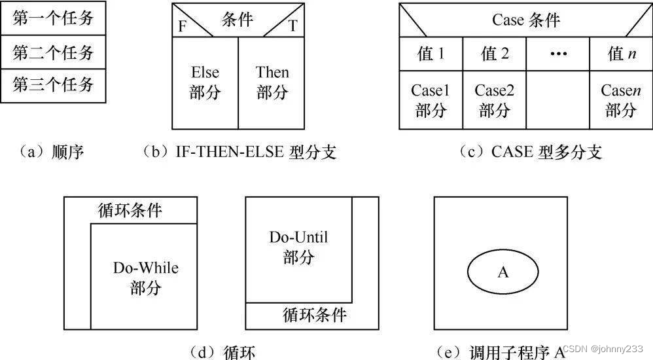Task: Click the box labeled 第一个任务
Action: coord(53,20)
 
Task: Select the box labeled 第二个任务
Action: coord(53,52)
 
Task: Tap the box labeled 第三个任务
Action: coord(53,85)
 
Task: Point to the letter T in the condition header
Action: coord(292,26)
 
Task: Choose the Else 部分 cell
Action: coord(205,82)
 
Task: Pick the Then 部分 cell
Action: coord(272,82)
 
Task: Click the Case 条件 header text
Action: coord(526,20)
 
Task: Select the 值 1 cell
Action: coord(431,54)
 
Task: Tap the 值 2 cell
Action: coord(495,54)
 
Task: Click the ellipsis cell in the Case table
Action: coord(557,54)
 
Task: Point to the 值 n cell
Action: coord(621,54)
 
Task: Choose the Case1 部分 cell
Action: coord(431,100)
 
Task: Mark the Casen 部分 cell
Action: coord(621,100)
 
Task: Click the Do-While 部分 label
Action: coord(145,278)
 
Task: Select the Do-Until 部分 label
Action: coord(298,247)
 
